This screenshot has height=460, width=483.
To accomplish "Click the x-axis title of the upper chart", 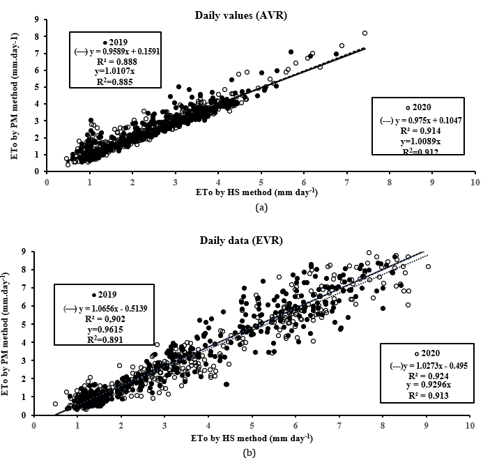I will click(x=261, y=192).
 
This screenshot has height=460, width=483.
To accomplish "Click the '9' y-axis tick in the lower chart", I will click(x=25, y=251).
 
